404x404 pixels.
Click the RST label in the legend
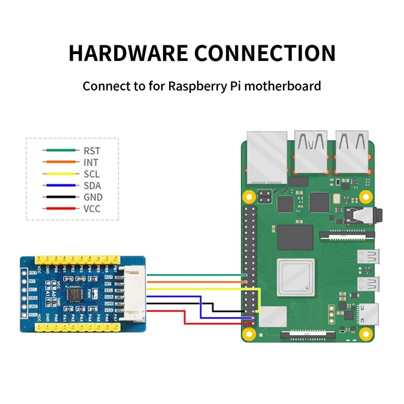click(92, 150)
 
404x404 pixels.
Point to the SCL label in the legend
click(91, 174)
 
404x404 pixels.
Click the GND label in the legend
click(92, 197)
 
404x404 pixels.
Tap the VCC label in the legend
click(92, 209)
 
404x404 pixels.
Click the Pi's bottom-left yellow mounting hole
click(248, 333)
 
